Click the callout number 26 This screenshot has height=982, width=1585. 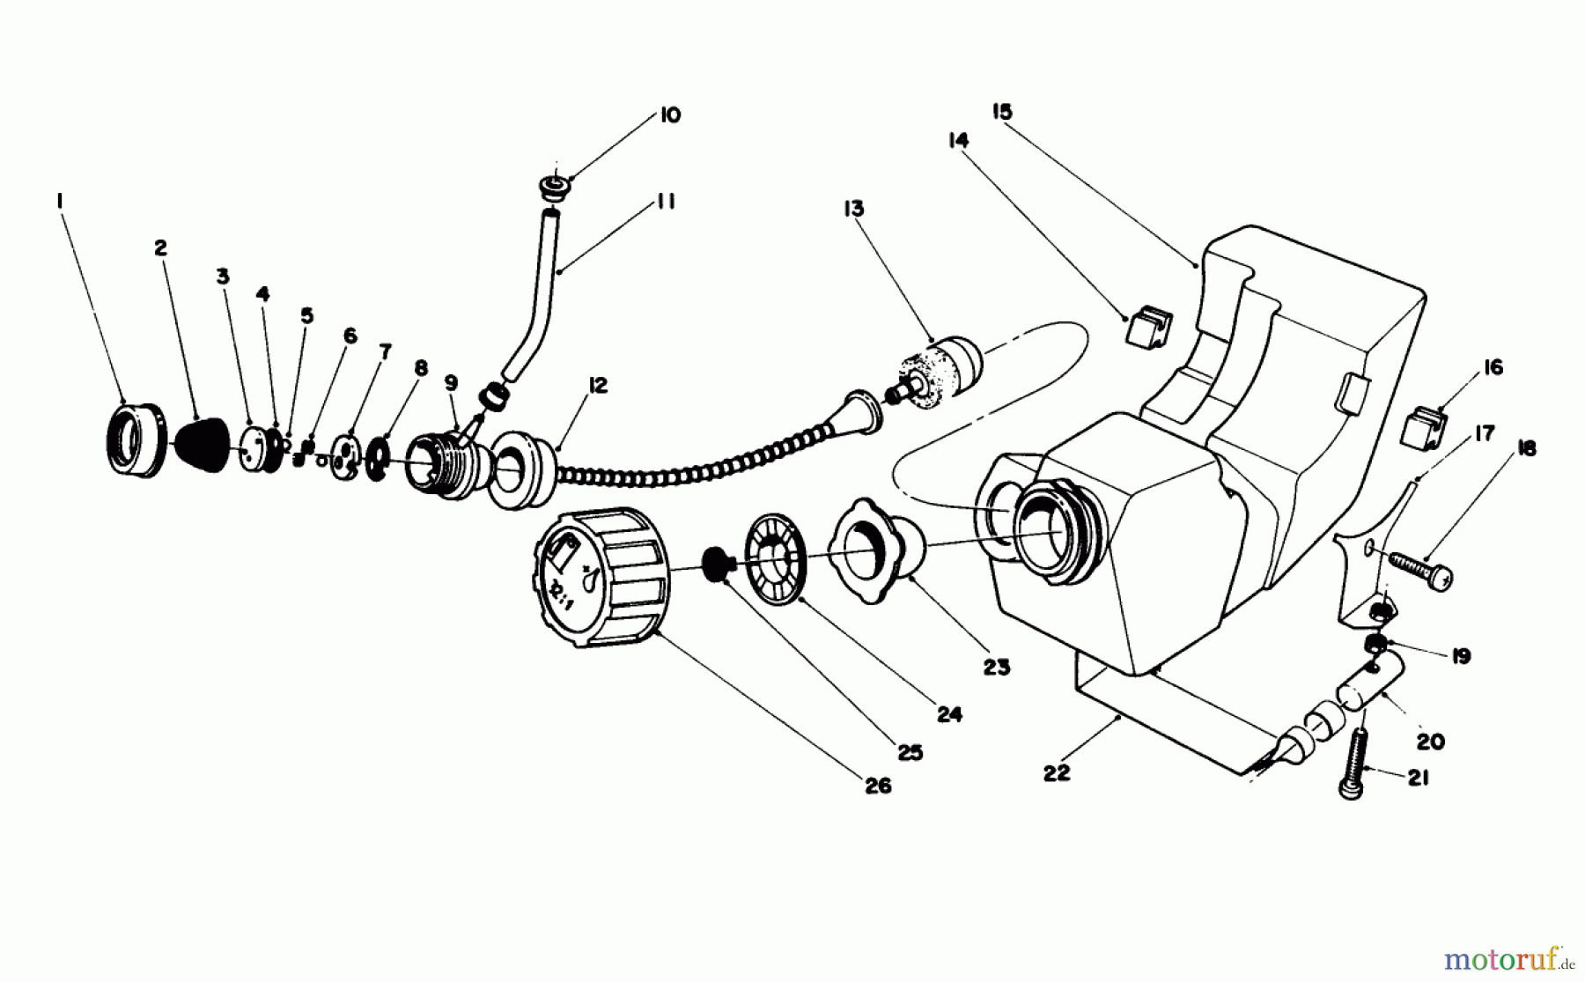click(x=878, y=785)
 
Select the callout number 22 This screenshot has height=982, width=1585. click(x=1056, y=772)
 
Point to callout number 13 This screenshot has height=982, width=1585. click(x=853, y=209)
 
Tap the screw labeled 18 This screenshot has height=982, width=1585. click(x=1419, y=569)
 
